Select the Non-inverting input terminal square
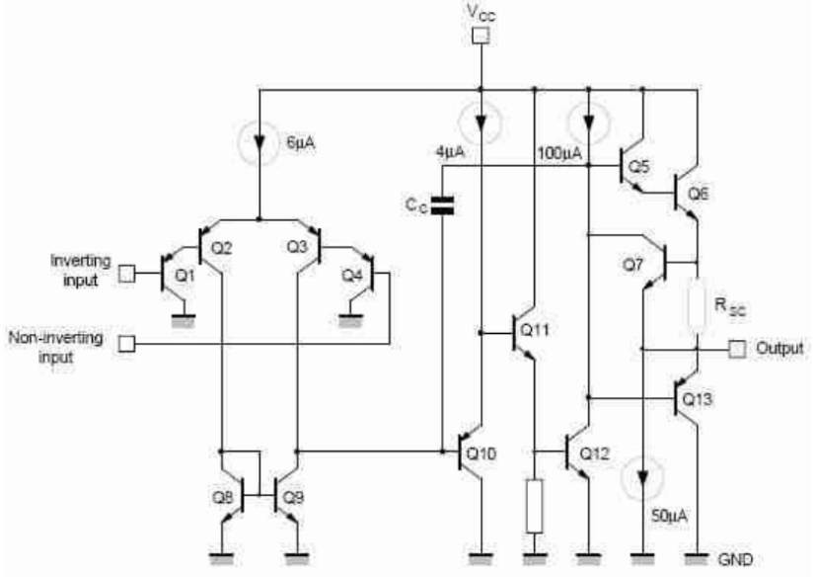127,344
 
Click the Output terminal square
736,349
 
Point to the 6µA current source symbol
259,143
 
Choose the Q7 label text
632,265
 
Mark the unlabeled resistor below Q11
534,506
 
